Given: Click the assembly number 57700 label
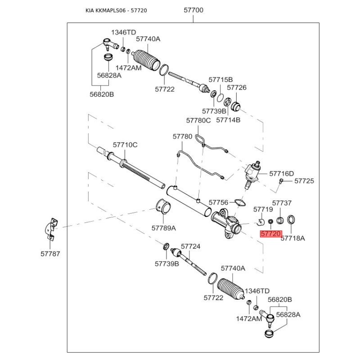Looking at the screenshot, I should coord(194,9).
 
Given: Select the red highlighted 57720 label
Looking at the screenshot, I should coord(271,234).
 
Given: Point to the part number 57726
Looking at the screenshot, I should coord(236,88).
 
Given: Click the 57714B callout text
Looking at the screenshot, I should coord(228,120).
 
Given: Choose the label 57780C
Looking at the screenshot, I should coord(198,120).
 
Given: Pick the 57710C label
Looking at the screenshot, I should coord(125,145).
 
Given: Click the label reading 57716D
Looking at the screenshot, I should coord(281,173).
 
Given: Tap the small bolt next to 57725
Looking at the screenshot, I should coord(281,181).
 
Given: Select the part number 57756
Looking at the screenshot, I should coord(219,202).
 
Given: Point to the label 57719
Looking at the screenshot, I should coord(263,209).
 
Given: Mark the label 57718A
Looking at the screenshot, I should coord(292,238).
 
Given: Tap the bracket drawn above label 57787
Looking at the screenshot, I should coord(52,228).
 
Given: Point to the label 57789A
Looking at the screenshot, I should coord(163,229).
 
